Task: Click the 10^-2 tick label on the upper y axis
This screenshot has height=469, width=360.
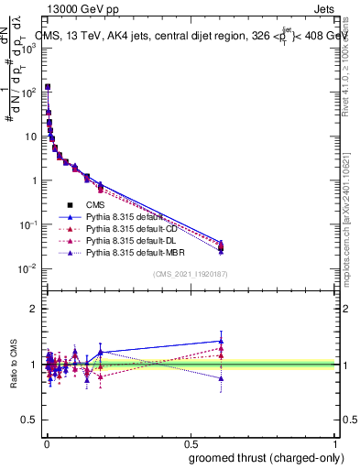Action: [27, 268]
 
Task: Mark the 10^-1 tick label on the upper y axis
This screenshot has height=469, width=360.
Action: [27, 224]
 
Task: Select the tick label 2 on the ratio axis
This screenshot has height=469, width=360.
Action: [32, 309]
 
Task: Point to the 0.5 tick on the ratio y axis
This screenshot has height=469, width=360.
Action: [27, 420]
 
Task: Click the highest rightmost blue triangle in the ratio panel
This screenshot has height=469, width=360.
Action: [220, 341]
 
